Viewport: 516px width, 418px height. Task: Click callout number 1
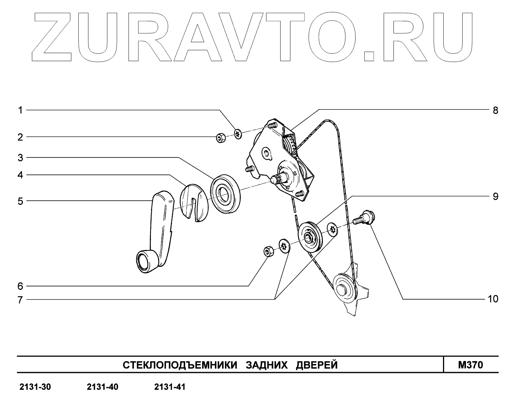pos(20,110)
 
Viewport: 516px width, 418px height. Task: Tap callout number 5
pos(20,201)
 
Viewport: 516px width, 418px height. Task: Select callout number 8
pos(495,110)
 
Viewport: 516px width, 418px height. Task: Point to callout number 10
pos(493,299)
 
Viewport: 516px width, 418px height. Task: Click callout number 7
pos(20,300)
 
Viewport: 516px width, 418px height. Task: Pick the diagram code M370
pos(470,365)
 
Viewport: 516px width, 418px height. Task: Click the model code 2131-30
pos(35,387)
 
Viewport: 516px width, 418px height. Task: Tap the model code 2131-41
pos(170,387)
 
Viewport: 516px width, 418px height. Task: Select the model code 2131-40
pos(102,387)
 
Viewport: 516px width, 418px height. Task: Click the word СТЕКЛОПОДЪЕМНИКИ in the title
pos(180,365)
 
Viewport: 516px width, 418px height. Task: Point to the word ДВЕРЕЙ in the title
pos(317,365)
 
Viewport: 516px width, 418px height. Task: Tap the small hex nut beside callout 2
pos(221,138)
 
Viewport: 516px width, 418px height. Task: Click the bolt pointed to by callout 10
pos(364,218)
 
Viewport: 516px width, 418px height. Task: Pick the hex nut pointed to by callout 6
pos(268,251)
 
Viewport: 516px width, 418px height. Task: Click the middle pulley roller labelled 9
pos(310,237)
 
